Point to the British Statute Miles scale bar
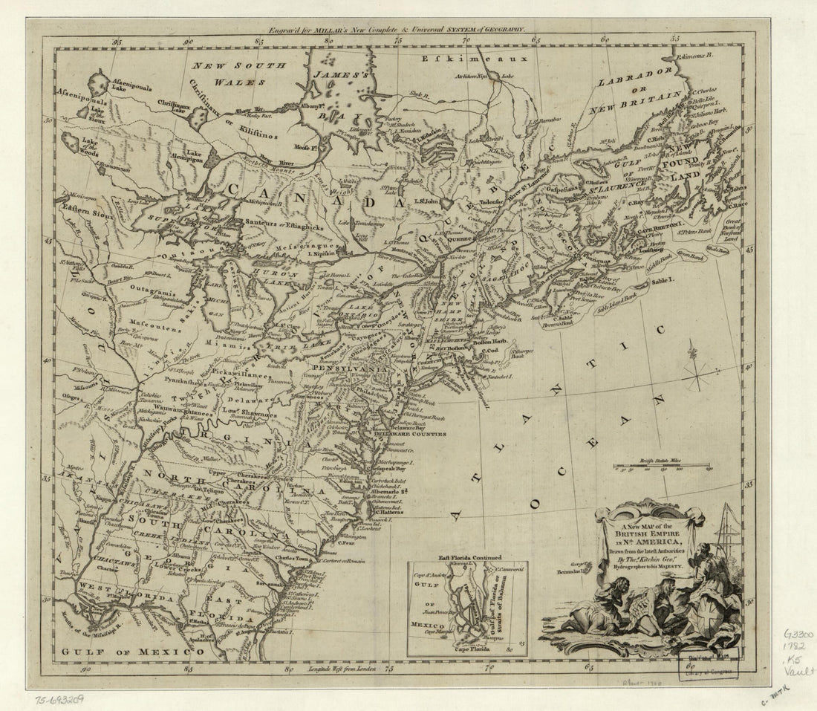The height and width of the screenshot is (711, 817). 663,466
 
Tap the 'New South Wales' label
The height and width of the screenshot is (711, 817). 239,73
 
